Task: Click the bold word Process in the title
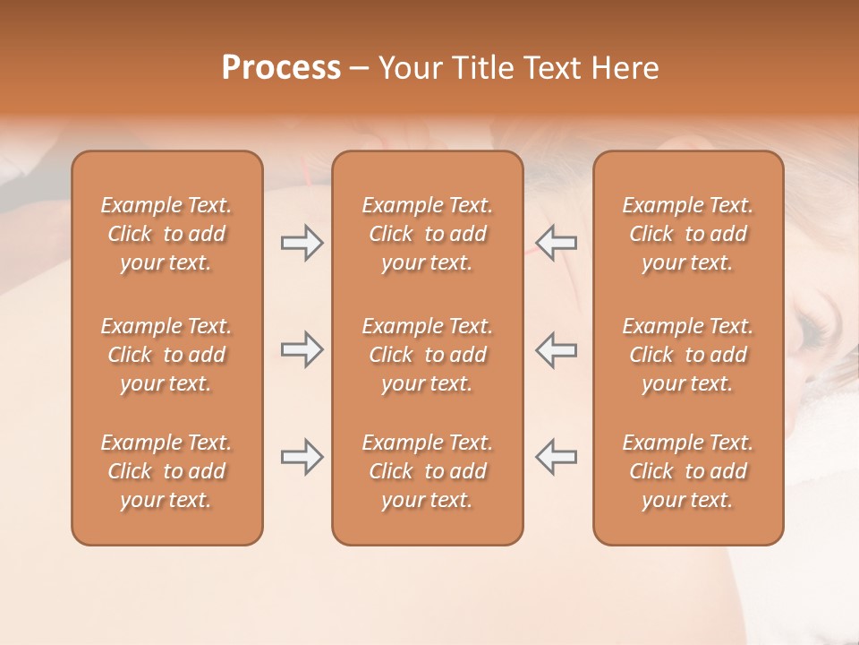281,68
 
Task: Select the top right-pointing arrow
302,243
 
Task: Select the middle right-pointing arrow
302,349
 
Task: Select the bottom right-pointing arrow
302,456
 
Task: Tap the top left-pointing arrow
557,243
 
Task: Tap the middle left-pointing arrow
557,349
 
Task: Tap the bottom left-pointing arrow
557,456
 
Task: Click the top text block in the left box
166,234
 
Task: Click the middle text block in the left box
166,355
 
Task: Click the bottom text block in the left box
166,471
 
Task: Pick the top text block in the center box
428,234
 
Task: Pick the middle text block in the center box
428,355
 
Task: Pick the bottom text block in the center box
428,471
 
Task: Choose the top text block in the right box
688,234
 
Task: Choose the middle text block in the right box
688,355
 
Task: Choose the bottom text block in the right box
688,471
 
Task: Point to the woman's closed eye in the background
814,331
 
